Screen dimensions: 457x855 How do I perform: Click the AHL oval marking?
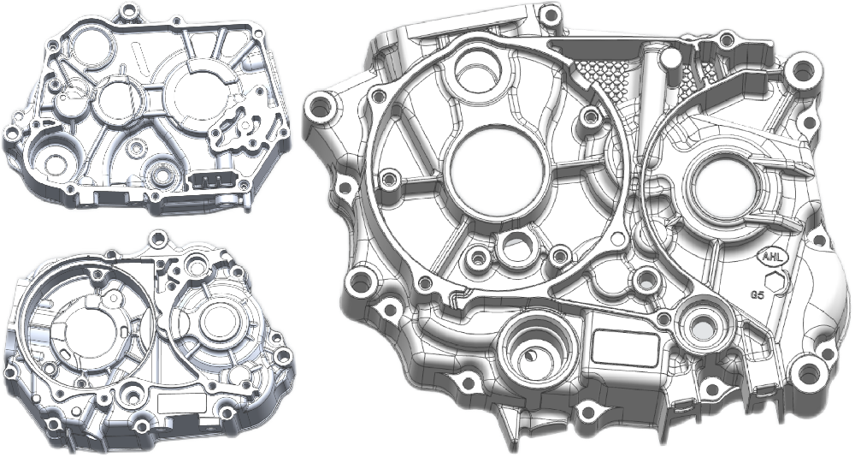769,254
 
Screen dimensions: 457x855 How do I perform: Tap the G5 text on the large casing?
758,294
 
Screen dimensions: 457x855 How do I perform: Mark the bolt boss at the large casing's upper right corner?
804,67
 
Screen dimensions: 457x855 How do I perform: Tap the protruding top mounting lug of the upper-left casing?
130,13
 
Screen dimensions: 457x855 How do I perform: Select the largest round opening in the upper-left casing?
198,96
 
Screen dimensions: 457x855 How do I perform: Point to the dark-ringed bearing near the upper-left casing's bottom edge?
159,177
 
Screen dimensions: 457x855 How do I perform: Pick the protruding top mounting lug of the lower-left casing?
156,238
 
